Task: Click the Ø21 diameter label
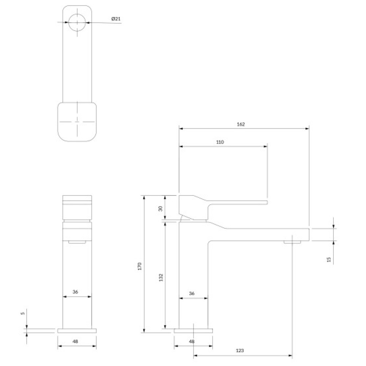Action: click(116, 19)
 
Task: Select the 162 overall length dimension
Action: click(241, 124)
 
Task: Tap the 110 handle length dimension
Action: click(220, 142)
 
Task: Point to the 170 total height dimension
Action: click(139, 266)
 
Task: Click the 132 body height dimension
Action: click(161, 277)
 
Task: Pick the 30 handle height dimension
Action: click(161, 209)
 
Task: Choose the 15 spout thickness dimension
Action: click(329, 259)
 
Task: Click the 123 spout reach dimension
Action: click(240, 350)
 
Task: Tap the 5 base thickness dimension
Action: click(23, 314)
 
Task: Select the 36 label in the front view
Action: click(75, 292)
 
